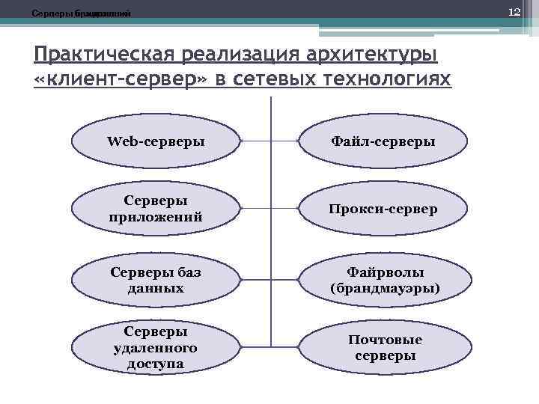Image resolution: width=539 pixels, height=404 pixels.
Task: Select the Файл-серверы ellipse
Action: [x=385, y=141]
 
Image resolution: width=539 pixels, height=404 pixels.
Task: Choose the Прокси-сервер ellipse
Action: [x=385, y=209]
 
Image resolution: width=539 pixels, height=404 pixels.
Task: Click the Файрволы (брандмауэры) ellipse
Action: [x=385, y=279]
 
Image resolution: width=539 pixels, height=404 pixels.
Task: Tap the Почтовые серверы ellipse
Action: [x=385, y=348]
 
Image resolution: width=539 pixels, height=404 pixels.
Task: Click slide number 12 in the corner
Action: [x=514, y=13]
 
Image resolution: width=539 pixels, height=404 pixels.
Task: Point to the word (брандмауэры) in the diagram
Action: [x=385, y=287]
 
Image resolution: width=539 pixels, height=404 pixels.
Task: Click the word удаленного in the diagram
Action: [x=156, y=348]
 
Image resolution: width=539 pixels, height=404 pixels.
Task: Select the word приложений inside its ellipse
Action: [x=156, y=217]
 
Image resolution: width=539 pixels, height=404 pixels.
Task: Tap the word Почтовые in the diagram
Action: [x=385, y=340]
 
